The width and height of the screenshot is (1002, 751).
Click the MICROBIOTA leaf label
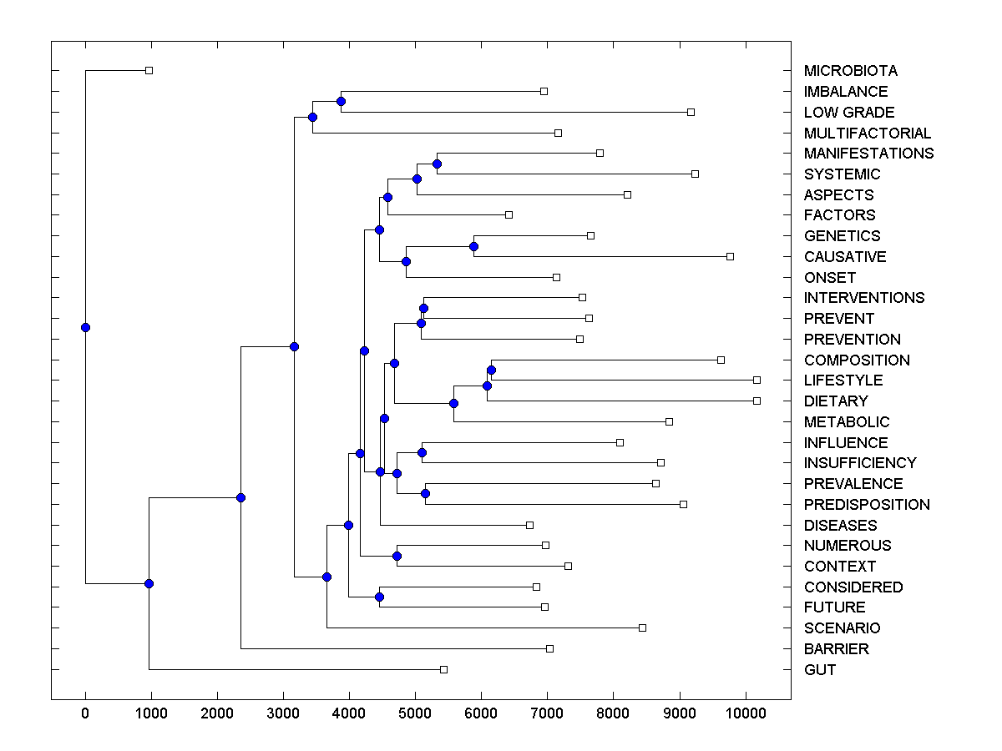pyautogui.click(x=850, y=71)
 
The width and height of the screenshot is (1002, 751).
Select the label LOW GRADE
pyautogui.click(x=848, y=113)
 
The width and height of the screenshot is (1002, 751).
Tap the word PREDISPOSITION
pyautogui.click(x=866, y=505)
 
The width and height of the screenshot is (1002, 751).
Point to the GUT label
pyautogui.click(x=819, y=670)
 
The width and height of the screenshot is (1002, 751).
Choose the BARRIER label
pyautogui.click(x=836, y=649)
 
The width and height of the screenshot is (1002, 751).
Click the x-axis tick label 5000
pyautogui.click(x=415, y=713)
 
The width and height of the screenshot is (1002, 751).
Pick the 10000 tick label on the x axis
pyautogui.click(x=745, y=713)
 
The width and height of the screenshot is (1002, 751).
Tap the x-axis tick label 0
pyautogui.click(x=85, y=713)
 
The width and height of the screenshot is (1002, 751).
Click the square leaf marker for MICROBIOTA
pyautogui.click(x=149, y=71)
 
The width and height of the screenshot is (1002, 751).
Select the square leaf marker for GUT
pyautogui.click(x=443, y=669)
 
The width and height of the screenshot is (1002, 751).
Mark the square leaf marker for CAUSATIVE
pyautogui.click(x=730, y=256)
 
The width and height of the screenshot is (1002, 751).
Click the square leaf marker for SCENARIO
pyautogui.click(x=642, y=628)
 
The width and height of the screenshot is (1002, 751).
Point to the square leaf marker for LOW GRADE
pyautogui.click(x=691, y=112)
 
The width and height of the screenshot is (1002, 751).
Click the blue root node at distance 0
pyautogui.click(x=85, y=327)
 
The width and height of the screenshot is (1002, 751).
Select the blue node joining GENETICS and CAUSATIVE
pyautogui.click(x=473, y=246)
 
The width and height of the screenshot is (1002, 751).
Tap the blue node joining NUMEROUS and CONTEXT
pyautogui.click(x=397, y=556)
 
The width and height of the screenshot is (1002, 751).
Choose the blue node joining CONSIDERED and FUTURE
pyautogui.click(x=379, y=597)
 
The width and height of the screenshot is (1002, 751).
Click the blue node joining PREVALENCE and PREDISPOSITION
pyautogui.click(x=425, y=494)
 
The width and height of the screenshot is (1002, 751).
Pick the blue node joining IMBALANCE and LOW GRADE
pyautogui.click(x=341, y=101)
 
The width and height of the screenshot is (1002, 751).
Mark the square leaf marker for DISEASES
pyautogui.click(x=529, y=525)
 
